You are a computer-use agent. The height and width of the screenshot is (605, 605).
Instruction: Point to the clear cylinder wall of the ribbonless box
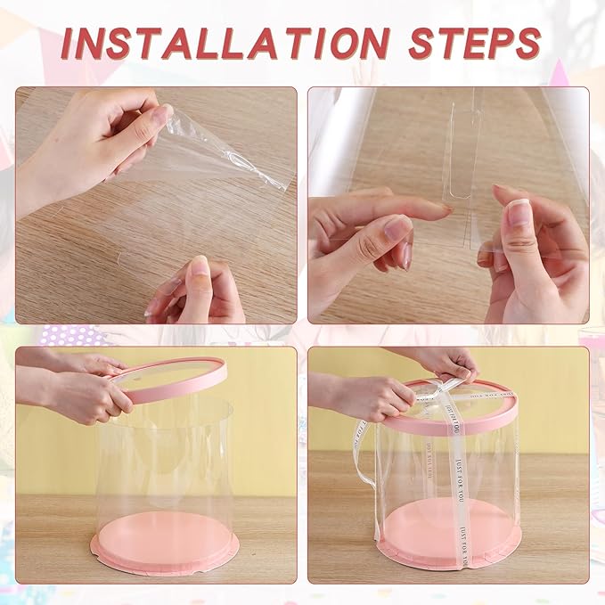165,463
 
